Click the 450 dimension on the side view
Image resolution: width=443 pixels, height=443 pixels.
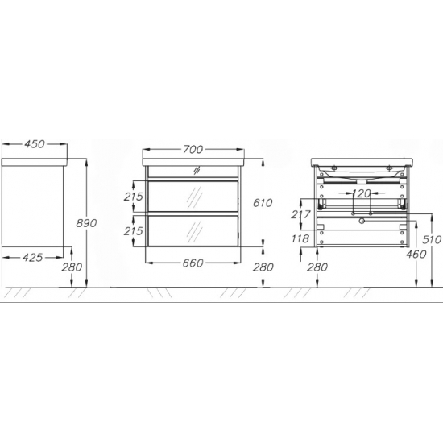click(x=35, y=144)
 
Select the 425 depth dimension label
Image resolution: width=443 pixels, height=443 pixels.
click(x=33, y=258)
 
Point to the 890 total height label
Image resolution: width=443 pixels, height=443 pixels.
click(x=86, y=223)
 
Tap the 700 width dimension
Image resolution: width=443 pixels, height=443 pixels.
click(x=193, y=150)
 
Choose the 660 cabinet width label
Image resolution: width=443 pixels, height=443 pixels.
click(x=193, y=263)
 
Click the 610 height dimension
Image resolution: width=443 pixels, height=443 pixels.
click(x=263, y=202)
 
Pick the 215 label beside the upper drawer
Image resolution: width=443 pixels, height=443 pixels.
click(x=134, y=197)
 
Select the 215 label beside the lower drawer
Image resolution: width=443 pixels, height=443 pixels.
click(x=134, y=231)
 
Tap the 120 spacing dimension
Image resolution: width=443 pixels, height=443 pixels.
click(x=362, y=193)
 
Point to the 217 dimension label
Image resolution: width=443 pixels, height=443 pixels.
click(x=301, y=214)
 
